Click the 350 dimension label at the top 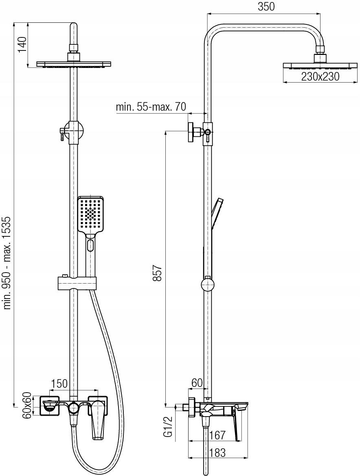tap(266, 7)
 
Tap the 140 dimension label tap(22, 44)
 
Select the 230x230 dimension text tap(320, 76)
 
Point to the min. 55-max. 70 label tap(151, 107)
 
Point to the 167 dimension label tap(217, 435)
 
